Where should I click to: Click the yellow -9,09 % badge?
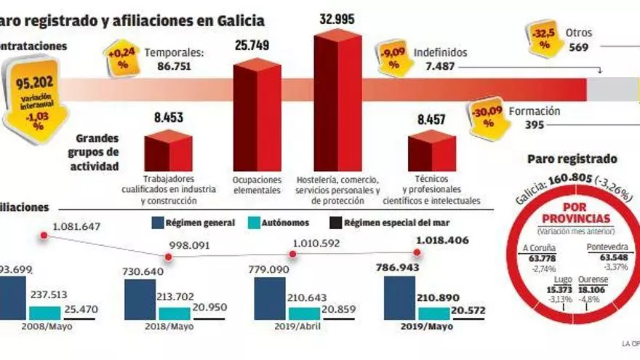tap(394, 58)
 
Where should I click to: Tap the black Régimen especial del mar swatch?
tap(337, 223)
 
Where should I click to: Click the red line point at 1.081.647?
tap(44, 236)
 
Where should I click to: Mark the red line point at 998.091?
tap(169, 256)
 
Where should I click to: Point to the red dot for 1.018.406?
tap(417, 252)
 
